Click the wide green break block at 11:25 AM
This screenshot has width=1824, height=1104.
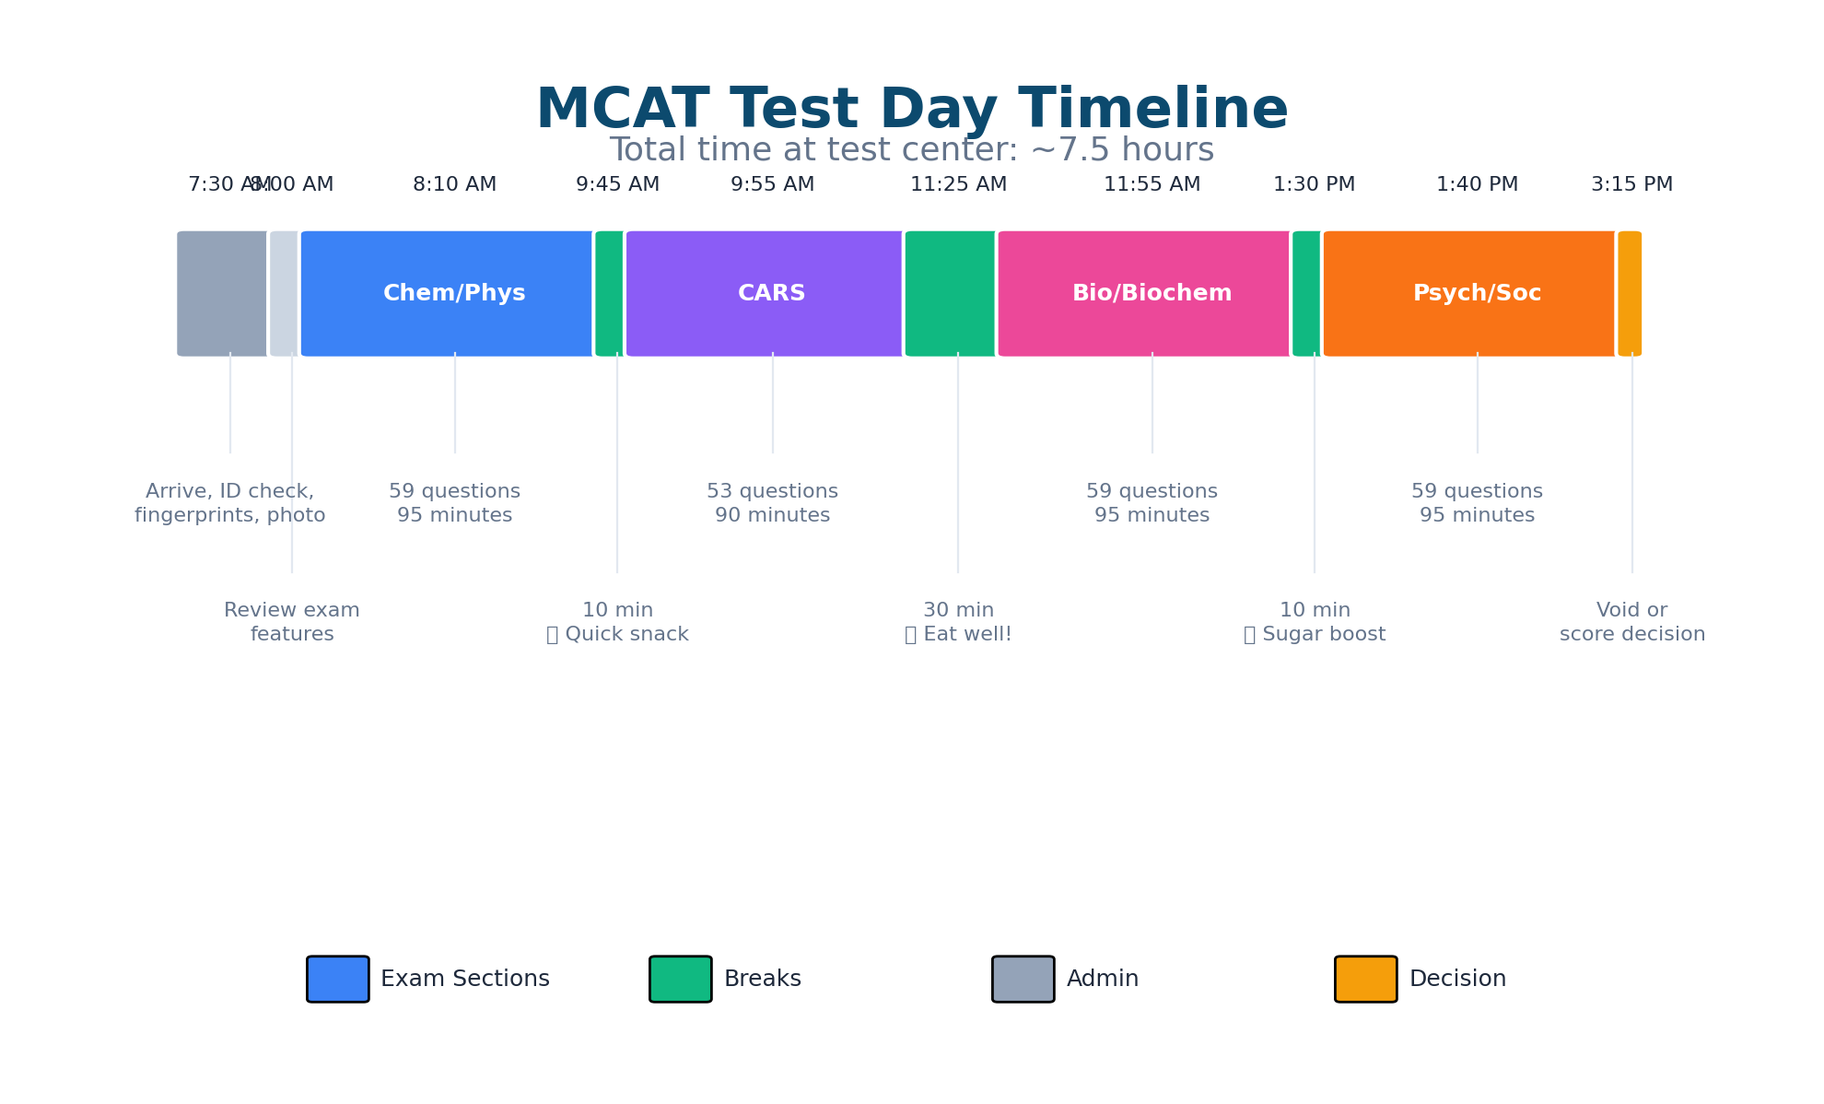tap(950, 293)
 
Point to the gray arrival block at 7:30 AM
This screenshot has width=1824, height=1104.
tap(222, 293)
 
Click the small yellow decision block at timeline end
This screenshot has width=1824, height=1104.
tap(1630, 293)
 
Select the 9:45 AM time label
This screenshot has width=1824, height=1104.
tap(617, 184)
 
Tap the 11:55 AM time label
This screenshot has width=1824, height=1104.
tap(1152, 184)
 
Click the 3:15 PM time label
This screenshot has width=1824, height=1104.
tap(1631, 184)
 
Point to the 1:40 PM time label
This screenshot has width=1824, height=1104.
tap(1477, 184)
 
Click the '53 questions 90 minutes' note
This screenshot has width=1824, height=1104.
tap(772, 503)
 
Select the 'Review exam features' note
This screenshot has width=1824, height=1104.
tap(292, 622)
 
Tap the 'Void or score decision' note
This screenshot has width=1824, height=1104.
tap(1631, 622)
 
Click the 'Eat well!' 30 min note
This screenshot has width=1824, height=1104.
tap(958, 622)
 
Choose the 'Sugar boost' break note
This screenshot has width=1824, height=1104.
tap(1315, 622)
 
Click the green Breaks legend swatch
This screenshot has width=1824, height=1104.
tap(680, 979)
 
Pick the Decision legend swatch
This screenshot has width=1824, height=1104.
tap(1365, 979)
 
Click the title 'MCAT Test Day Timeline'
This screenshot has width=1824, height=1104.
tap(912, 110)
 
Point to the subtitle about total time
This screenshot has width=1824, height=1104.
tap(912, 150)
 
